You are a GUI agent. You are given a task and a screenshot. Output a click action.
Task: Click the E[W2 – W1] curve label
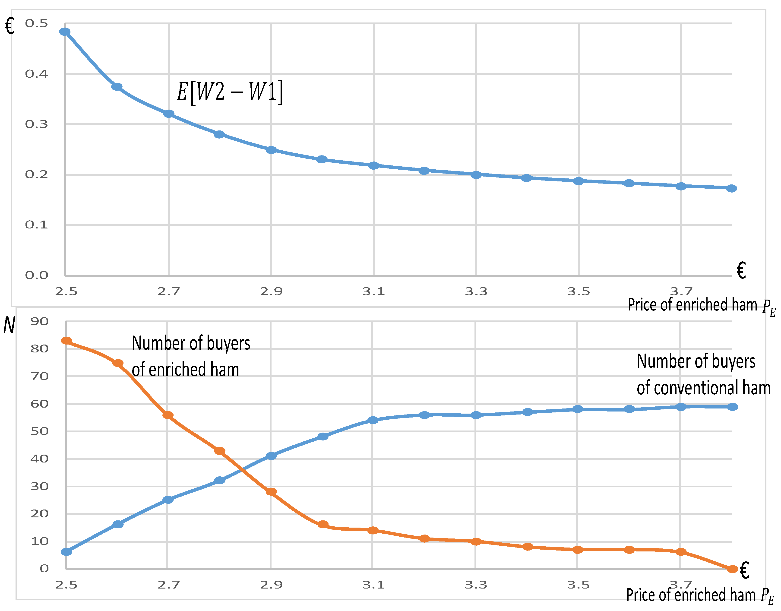[x=230, y=92]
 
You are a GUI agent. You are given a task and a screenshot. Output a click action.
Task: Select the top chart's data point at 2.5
[x=65, y=32]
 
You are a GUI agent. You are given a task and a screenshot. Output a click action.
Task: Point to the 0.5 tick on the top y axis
[x=36, y=24]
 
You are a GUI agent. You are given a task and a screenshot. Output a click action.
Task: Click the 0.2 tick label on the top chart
[x=36, y=174]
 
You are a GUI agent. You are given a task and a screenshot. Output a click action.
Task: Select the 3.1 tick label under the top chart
[x=374, y=291]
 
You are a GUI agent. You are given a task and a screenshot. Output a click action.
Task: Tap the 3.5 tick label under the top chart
[x=579, y=291]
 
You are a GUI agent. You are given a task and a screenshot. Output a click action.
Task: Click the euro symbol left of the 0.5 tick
[x=10, y=26]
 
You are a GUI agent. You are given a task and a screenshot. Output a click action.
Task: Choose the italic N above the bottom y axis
[x=9, y=326]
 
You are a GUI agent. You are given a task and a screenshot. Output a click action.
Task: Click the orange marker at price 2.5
[x=66, y=341]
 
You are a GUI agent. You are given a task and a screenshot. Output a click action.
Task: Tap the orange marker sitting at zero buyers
[x=732, y=569]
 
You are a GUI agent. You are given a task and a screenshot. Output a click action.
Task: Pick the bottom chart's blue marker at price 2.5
[x=66, y=552]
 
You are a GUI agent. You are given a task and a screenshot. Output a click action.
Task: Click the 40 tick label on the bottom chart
[x=39, y=459]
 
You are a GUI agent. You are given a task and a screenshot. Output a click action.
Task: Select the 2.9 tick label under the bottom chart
[x=271, y=585]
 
